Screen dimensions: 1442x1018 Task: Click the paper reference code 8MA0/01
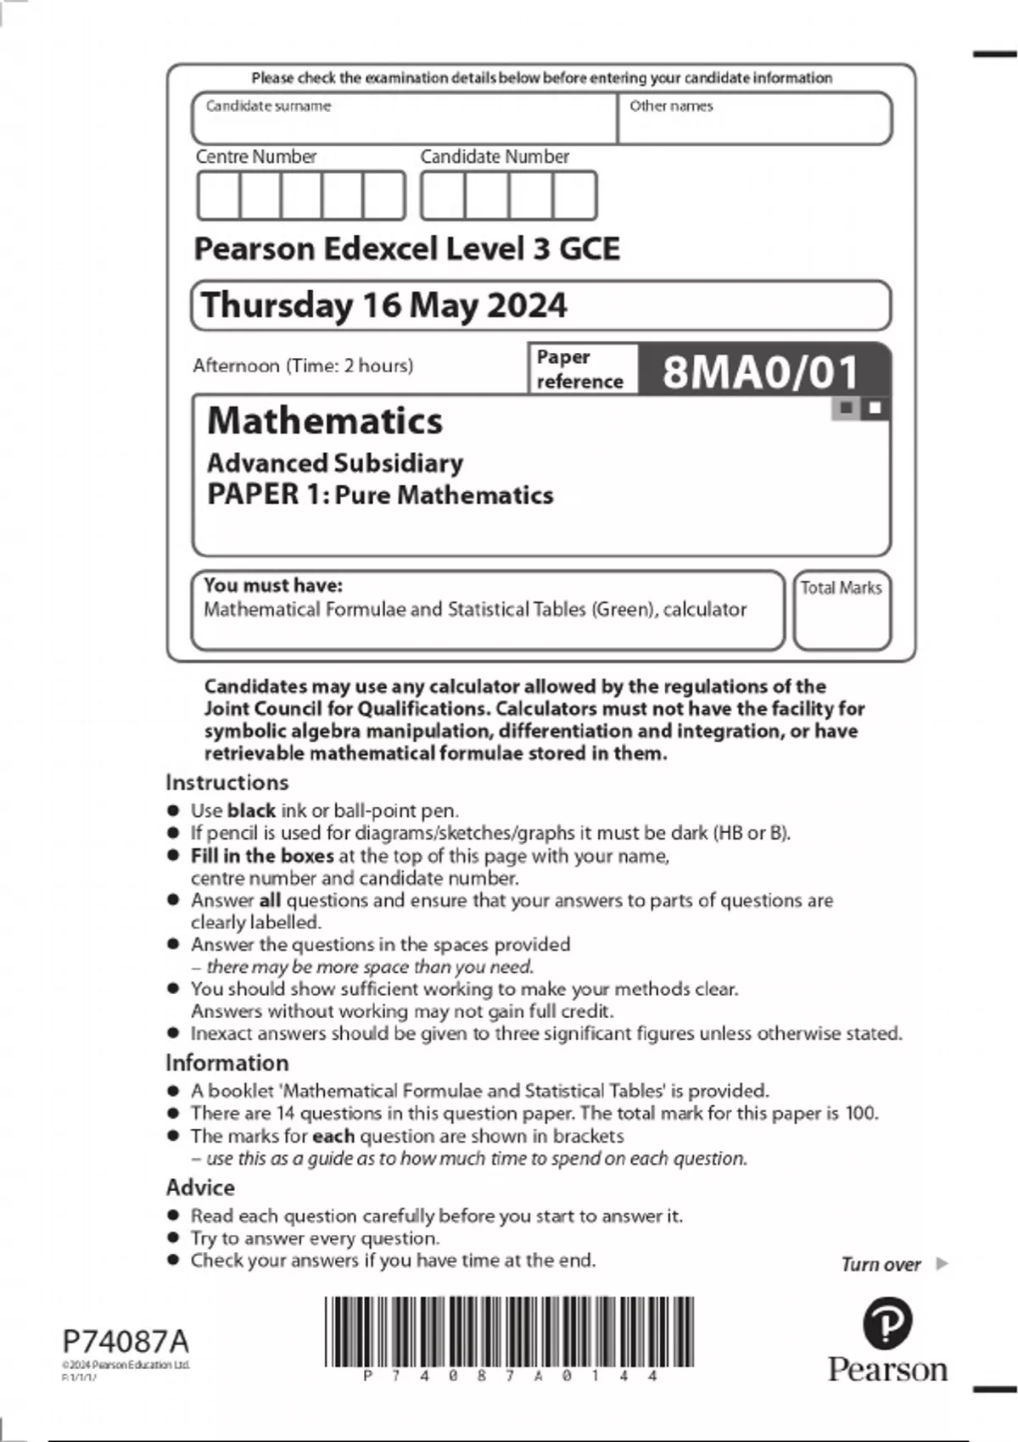(760, 372)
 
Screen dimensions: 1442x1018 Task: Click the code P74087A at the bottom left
(126, 1342)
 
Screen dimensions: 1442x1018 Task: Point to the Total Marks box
(842, 611)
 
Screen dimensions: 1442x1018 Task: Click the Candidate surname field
(405, 119)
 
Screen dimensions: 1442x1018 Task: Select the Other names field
(755, 119)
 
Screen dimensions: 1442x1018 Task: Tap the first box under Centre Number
(219, 196)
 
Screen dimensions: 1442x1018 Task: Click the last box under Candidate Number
(574, 196)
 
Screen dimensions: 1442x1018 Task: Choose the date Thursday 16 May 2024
(384, 305)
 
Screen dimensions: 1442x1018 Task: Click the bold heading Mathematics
(325, 421)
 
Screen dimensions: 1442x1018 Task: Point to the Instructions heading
(227, 782)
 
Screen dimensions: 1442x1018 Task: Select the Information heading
(227, 1063)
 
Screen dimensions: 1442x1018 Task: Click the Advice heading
(200, 1188)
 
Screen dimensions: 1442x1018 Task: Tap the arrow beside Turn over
(941, 1264)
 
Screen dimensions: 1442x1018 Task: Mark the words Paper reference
(579, 369)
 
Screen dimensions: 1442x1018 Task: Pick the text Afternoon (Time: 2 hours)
(303, 366)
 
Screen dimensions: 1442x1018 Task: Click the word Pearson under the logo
(887, 1370)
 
